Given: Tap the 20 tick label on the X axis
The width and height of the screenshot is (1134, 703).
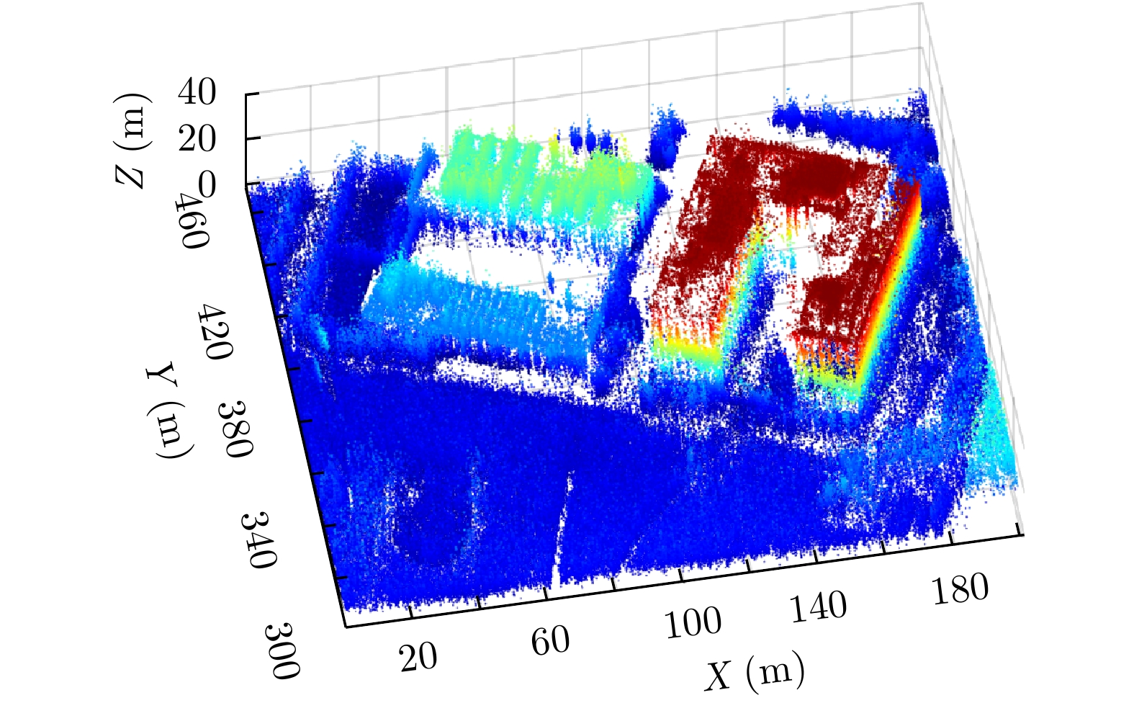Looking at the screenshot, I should [418, 656].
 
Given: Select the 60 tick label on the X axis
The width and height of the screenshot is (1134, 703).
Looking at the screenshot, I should [551, 640].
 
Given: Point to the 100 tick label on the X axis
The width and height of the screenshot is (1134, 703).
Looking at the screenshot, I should [692, 622].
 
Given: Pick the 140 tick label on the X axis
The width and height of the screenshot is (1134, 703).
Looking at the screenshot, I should [819, 606].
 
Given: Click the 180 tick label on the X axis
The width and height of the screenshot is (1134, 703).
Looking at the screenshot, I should [960, 588].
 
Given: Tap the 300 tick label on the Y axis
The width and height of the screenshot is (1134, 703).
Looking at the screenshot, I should [282, 651].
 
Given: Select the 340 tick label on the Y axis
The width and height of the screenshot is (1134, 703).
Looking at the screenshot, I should [258, 540].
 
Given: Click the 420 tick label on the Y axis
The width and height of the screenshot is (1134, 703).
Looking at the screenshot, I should [216, 331].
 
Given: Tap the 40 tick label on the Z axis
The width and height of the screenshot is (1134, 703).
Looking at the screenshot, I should [197, 93].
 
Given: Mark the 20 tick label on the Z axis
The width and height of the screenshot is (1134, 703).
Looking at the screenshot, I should [197, 139].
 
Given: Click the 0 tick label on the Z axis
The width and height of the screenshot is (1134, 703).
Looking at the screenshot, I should [207, 186].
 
